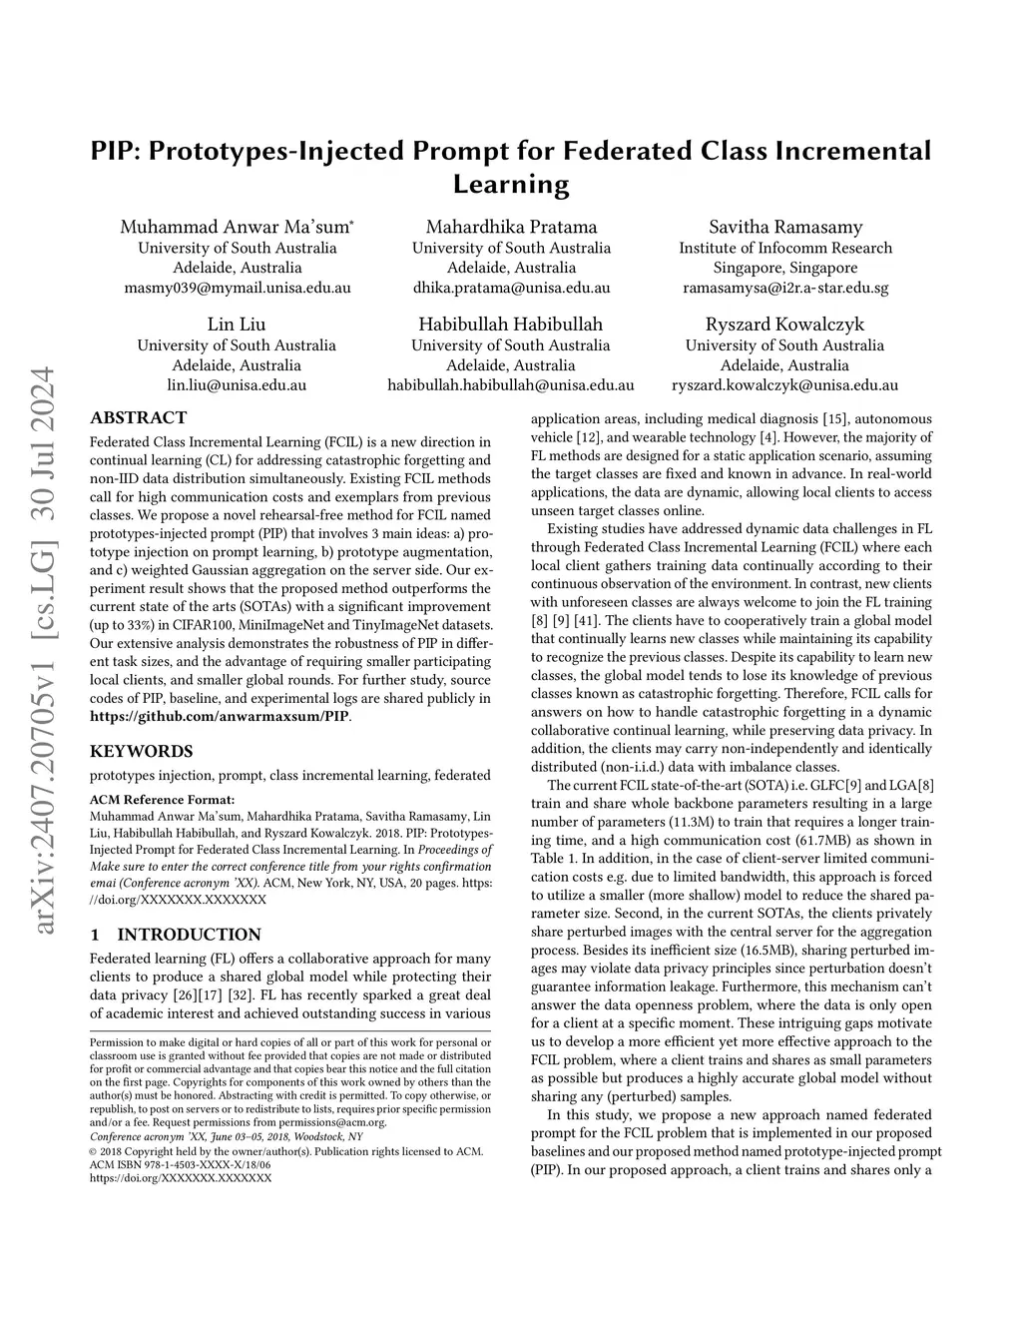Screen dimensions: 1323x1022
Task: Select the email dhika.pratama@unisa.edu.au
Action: click(x=511, y=288)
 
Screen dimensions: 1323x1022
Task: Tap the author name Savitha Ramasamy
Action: click(x=785, y=227)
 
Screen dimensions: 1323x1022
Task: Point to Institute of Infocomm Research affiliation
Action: click(x=785, y=248)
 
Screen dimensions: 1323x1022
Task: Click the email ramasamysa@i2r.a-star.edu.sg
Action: click(x=785, y=288)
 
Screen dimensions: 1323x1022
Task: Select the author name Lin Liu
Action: click(x=237, y=325)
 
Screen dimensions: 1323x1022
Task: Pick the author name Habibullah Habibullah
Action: click(x=510, y=325)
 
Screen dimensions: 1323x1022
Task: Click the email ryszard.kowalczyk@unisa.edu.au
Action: click(x=784, y=384)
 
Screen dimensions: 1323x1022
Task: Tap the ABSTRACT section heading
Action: click(x=138, y=418)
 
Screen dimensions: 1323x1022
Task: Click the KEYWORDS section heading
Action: click(x=141, y=751)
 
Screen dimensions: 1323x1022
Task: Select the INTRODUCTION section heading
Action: click(x=189, y=935)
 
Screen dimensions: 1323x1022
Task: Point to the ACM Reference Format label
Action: click(x=163, y=799)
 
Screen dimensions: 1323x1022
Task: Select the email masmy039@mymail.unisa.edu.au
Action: click(x=237, y=288)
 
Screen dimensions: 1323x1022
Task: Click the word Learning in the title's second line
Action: click(x=510, y=185)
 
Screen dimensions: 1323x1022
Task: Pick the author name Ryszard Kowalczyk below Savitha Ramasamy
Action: click(x=784, y=325)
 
